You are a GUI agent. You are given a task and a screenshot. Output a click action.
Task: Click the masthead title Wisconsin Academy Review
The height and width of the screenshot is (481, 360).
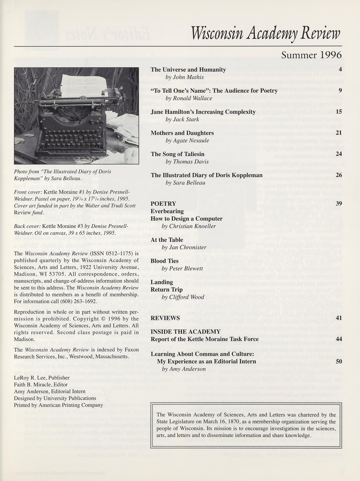(x=266, y=34)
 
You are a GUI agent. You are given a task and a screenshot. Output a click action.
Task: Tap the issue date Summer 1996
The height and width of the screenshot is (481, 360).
(x=311, y=55)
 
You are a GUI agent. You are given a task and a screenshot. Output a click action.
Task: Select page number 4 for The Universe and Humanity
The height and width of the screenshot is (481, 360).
(x=340, y=70)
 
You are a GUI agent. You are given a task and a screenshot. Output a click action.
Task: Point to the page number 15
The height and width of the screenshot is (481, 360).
(x=338, y=112)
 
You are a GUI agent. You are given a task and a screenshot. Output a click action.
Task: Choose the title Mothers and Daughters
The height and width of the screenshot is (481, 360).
(x=182, y=133)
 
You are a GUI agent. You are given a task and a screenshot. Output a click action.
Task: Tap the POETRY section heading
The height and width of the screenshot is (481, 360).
(x=163, y=204)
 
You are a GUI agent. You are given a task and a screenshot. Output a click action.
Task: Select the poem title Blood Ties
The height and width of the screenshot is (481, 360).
(x=164, y=261)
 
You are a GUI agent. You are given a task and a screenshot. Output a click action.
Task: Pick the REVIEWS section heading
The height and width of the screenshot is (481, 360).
(x=165, y=318)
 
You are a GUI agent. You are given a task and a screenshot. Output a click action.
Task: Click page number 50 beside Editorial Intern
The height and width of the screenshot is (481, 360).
(x=338, y=361)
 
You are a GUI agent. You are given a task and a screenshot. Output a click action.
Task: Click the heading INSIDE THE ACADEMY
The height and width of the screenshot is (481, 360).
(x=186, y=331)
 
